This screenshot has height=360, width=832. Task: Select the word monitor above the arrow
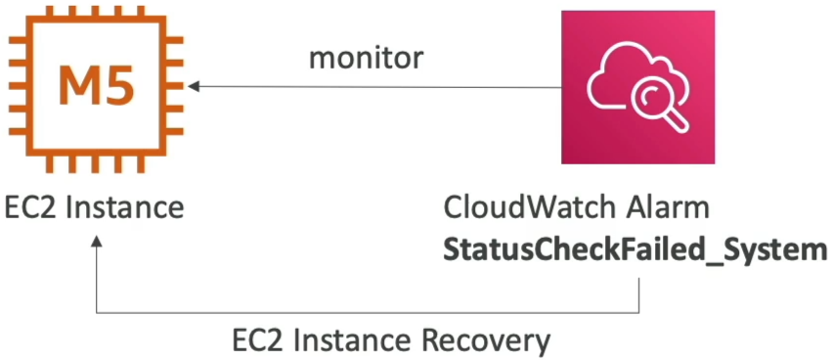click(x=367, y=59)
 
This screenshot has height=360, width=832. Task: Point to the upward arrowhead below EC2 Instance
click(x=96, y=243)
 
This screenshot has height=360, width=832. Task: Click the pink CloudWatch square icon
click(x=638, y=88)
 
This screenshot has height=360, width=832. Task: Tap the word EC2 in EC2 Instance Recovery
click(x=258, y=340)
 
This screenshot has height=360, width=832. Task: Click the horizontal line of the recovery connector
click(x=368, y=313)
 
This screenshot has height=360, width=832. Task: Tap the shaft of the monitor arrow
click(x=380, y=87)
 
